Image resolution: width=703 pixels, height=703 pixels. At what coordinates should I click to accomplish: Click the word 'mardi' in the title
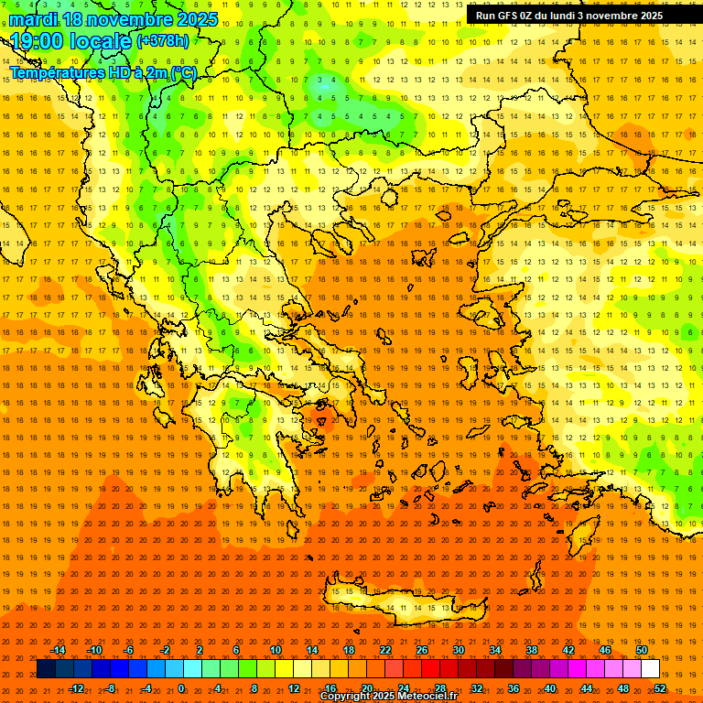pos(35,19)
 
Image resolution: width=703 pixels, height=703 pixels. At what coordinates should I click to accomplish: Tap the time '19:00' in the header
pos(38,41)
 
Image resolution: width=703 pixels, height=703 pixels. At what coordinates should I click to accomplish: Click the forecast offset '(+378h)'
pos(163,41)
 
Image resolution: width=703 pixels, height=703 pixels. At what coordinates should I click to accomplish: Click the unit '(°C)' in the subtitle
pos(183,72)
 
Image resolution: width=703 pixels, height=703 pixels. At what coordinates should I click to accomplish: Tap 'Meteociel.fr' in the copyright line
pos(427,697)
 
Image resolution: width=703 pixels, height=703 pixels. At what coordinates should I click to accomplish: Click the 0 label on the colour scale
pos(181,688)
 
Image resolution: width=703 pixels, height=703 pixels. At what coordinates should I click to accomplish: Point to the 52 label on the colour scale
pos(659,688)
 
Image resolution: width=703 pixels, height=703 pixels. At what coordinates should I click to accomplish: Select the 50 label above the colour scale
pos(642,650)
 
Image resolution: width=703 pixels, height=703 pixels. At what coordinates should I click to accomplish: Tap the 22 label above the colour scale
pos(385,650)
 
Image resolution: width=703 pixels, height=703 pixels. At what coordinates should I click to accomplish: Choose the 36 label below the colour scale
pos(514,688)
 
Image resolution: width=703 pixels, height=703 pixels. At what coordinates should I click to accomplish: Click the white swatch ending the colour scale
pos(651,669)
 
